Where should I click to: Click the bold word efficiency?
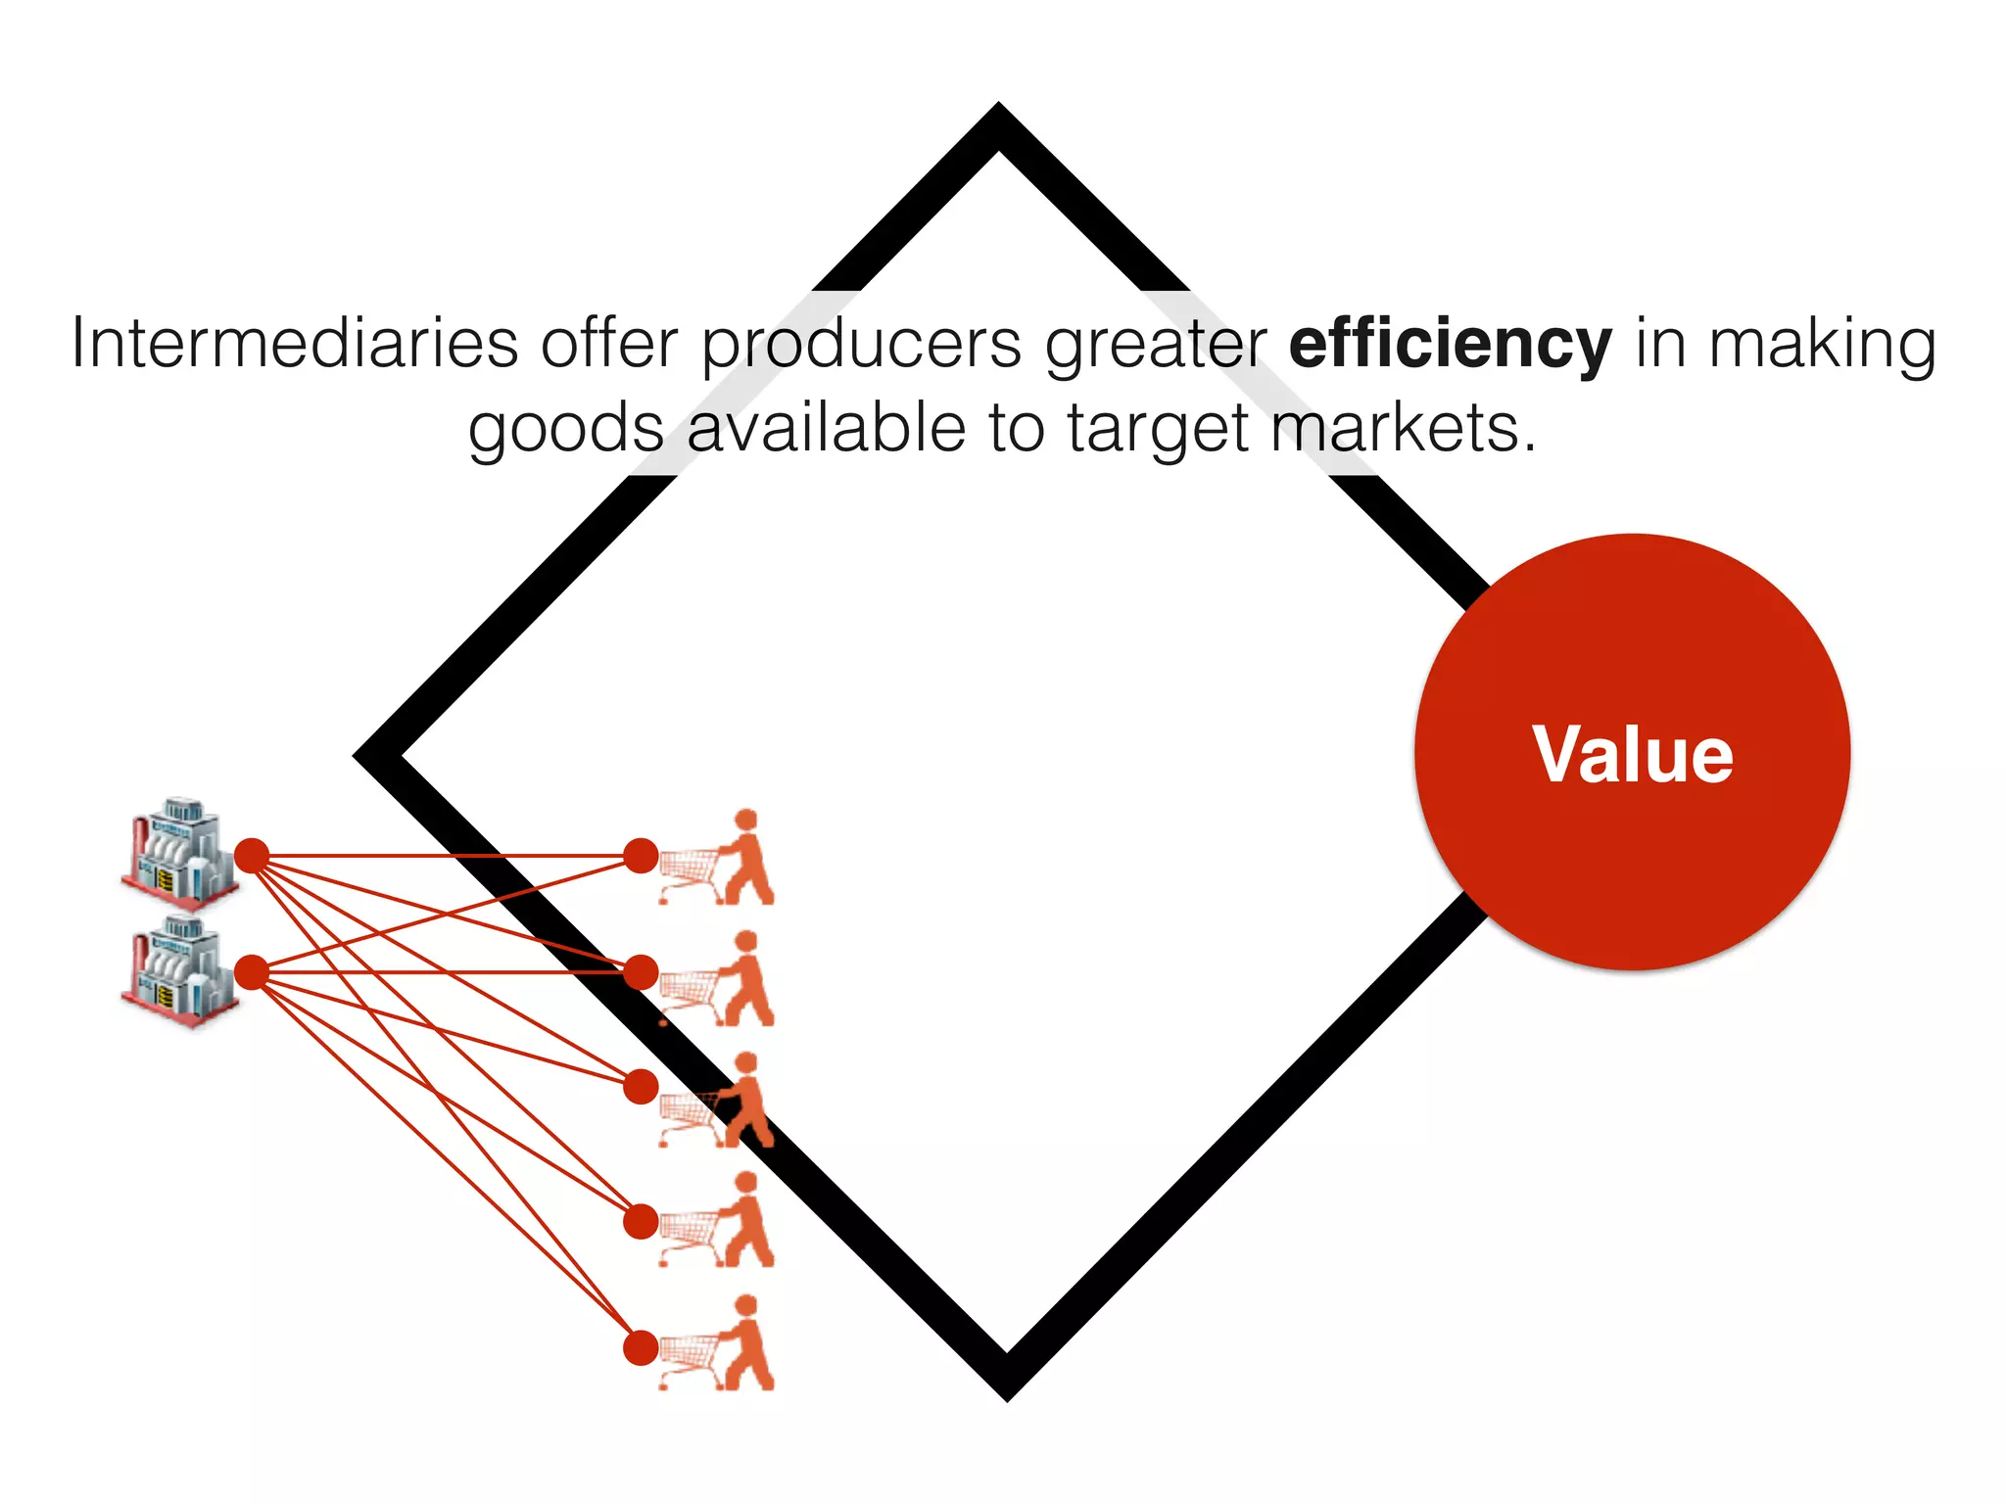point(1450,345)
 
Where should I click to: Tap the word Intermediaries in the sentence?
point(294,345)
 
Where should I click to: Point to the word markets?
point(1403,429)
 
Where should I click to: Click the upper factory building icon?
point(178,852)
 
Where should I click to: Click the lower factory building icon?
point(178,969)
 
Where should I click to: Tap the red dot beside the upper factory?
point(252,856)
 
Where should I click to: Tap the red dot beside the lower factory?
point(252,972)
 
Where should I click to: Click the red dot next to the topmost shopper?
point(641,856)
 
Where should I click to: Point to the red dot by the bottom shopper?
point(641,1347)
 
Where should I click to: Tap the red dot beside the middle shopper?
point(641,1087)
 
